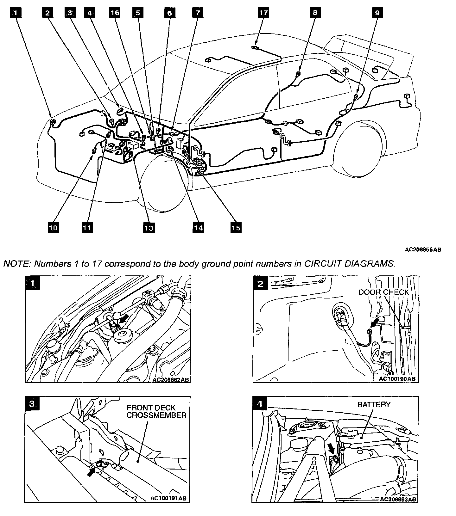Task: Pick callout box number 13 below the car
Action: [149, 227]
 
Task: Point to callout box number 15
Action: [236, 227]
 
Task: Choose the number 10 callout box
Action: [54, 227]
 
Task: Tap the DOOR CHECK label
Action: [383, 292]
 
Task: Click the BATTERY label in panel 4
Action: [374, 404]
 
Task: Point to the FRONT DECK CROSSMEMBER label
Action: [156, 411]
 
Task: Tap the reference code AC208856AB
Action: [423, 249]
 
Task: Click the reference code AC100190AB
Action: [397, 378]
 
